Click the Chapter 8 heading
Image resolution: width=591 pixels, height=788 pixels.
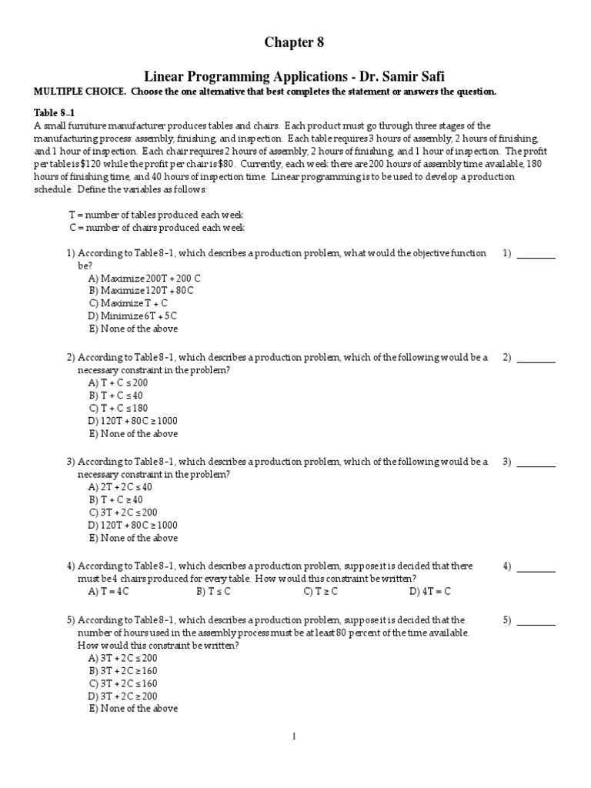click(295, 43)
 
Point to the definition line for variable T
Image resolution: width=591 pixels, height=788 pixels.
click(156, 215)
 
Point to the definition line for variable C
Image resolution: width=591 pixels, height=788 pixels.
click(157, 228)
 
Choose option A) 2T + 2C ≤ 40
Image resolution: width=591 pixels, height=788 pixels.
click(121, 487)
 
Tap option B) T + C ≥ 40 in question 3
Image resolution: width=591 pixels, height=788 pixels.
click(116, 499)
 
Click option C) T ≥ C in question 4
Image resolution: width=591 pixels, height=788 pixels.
click(321, 592)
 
